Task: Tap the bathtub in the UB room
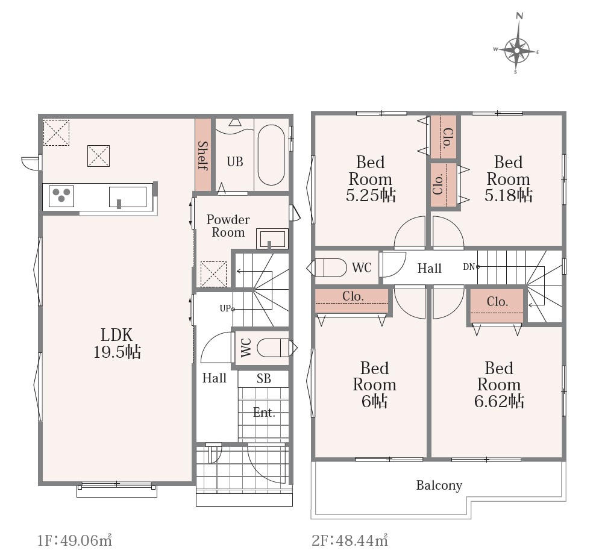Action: click(x=271, y=155)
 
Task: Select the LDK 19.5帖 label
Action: click(x=117, y=343)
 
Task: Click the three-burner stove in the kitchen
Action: click(x=61, y=196)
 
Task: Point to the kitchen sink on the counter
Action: click(x=128, y=197)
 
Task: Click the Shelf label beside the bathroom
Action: click(x=202, y=155)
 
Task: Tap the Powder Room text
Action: click(x=228, y=226)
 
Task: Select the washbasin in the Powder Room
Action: click(x=272, y=239)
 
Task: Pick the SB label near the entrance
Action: click(x=264, y=379)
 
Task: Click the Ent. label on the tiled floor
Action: click(x=264, y=413)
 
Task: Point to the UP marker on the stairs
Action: click(x=225, y=308)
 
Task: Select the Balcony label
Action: click(x=439, y=486)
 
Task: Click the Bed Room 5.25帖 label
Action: click(x=371, y=179)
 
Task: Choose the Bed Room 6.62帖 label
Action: click(x=499, y=385)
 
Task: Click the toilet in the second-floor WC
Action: click(x=327, y=268)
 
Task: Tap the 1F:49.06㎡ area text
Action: click(x=75, y=540)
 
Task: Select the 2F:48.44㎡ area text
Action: click(x=350, y=540)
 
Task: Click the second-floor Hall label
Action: click(x=430, y=268)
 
